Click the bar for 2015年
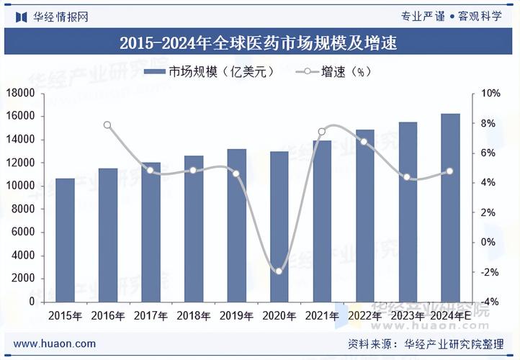(66, 240)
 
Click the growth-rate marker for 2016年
(108, 125)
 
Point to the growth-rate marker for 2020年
(279, 271)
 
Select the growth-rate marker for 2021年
(321, 132)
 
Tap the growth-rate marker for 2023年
(407, 177)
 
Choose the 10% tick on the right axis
(490, 94)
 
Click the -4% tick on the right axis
(490, 302)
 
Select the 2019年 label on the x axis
(236, 315)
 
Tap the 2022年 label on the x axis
(364, 315)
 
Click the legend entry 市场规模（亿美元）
(209, 72)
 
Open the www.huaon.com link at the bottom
(55, 343)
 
